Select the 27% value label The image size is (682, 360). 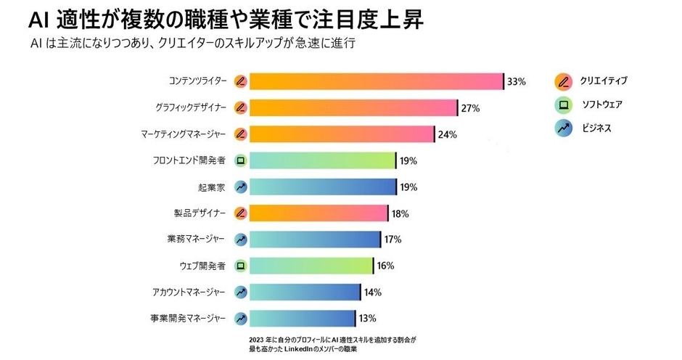[470, 108]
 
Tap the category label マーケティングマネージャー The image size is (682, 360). [184, 134]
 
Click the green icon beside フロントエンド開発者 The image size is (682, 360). [241, 160]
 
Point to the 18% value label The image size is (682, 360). [400, 213]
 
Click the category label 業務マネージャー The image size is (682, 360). [196, 239]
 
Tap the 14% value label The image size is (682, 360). [372, 292]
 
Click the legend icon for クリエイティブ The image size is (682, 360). [563, 81]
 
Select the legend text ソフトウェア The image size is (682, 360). [602, 105]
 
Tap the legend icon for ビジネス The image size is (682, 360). [563, 128]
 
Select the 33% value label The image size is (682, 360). [516, 81]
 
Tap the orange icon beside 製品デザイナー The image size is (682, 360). [241, 213]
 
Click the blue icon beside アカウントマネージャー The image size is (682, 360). [241, 292]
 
